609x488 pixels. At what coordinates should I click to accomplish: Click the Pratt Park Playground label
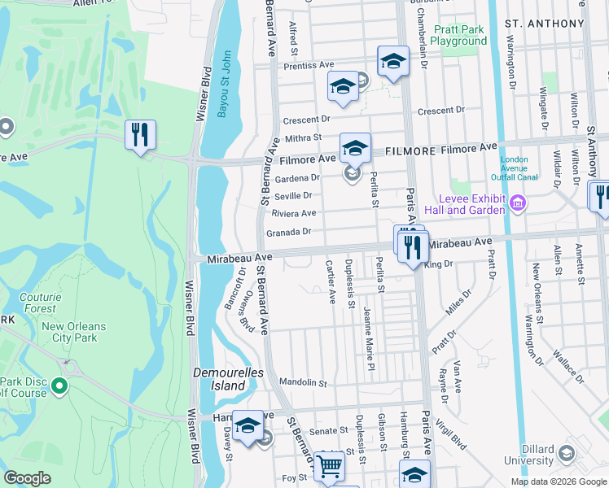(x=458, y=35)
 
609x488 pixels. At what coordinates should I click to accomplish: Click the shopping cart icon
(x=330, y=466)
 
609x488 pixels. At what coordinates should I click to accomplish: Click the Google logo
(x=28, y=478)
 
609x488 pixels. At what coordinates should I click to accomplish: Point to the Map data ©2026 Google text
(x=559, y=481)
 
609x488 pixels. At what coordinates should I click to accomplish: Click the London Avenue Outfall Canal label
(x=509, y=168)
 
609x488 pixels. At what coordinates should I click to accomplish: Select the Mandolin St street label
(x=302, y=382)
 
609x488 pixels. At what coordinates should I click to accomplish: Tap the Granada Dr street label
(x=289, y=232)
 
